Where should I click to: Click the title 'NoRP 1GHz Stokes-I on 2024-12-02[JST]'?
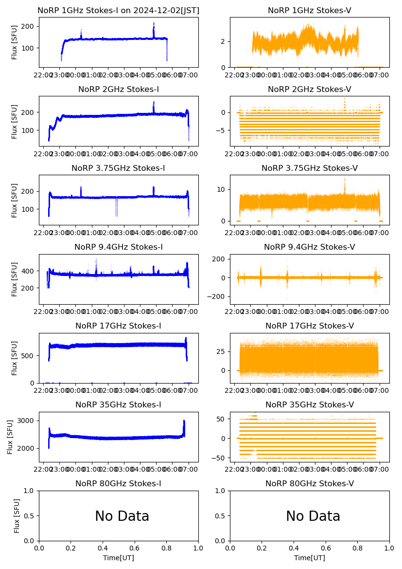coord(118,10)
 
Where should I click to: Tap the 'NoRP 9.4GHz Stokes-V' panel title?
coord(309,247)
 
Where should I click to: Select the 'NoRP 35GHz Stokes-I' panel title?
coord(118,404)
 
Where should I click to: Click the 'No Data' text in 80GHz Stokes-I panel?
coord(122,516)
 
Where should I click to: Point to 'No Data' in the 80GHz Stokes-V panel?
coord(313,516)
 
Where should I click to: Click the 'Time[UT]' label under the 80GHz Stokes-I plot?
coord(118,558)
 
